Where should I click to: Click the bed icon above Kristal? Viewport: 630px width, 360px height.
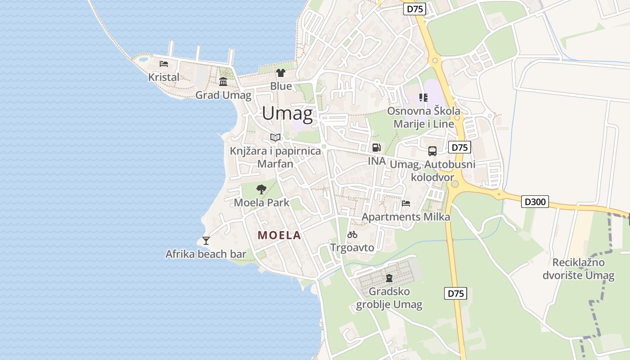click(164, 63)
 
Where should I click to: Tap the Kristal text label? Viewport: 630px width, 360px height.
click(164, 77)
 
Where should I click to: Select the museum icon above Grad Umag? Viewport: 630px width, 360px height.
click(223, 81)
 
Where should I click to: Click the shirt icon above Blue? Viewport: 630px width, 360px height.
click(281, 72)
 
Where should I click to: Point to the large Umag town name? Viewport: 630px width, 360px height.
click(287, 113)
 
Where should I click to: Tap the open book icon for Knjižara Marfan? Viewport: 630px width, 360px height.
click(275, 137)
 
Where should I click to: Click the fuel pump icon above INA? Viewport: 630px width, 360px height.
click(376, 147)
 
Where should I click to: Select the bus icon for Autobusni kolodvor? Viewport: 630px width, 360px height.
click(432, 151)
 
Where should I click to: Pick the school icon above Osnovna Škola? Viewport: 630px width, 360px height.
click(423, 97)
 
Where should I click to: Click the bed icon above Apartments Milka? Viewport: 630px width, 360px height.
click(406, 203)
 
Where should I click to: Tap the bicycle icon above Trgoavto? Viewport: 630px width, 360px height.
click(352, 234)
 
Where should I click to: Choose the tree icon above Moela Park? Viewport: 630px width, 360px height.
click(261, 189)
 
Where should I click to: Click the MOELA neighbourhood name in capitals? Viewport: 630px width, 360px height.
click(279, 235)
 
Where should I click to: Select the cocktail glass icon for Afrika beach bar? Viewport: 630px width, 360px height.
click(206, 240)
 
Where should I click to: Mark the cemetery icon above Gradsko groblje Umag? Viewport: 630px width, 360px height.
click(389, 278)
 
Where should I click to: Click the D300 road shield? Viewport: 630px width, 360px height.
click(535, 202)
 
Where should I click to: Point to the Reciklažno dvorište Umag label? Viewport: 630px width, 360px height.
click(578, 269)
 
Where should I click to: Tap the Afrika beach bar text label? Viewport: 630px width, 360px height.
click(206, 254)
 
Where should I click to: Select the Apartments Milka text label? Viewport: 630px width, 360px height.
click(406, 217)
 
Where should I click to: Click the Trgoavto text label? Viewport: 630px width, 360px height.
click(352, 247)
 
